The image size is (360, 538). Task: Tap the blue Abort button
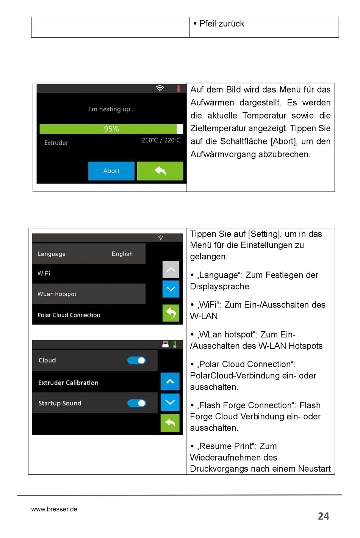[x=111, y=171]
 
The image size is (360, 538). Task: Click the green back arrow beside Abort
[x=160, y=171]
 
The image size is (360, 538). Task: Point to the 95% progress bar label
[x=111, y=129]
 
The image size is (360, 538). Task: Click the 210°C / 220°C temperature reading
[x=161, y=140]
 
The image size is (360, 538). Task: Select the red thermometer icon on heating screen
[x=178, y=89]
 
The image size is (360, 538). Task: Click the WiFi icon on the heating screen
[x=160, y=88]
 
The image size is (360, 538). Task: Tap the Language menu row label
[x=52, y=254]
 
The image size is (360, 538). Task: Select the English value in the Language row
[x=122, y=254]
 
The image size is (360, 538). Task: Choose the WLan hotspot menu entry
[x=57, y=294]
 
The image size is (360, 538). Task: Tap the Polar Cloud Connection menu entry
[x=69, y=315]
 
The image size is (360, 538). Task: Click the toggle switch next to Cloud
[x=136, y=361]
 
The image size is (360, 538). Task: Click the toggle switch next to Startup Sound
[x=136, y=403]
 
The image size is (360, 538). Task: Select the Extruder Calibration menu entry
[x=68, y=383]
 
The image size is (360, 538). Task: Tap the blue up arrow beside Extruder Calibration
[x=170, y=381]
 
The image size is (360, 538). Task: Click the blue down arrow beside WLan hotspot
[x=171, y=289]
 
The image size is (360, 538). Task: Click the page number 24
[x=323, y=516]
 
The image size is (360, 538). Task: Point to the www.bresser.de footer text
[x=54, y=509]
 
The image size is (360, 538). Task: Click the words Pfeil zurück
[x=222, y=24]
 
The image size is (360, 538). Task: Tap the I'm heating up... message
[x=111, y=109]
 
